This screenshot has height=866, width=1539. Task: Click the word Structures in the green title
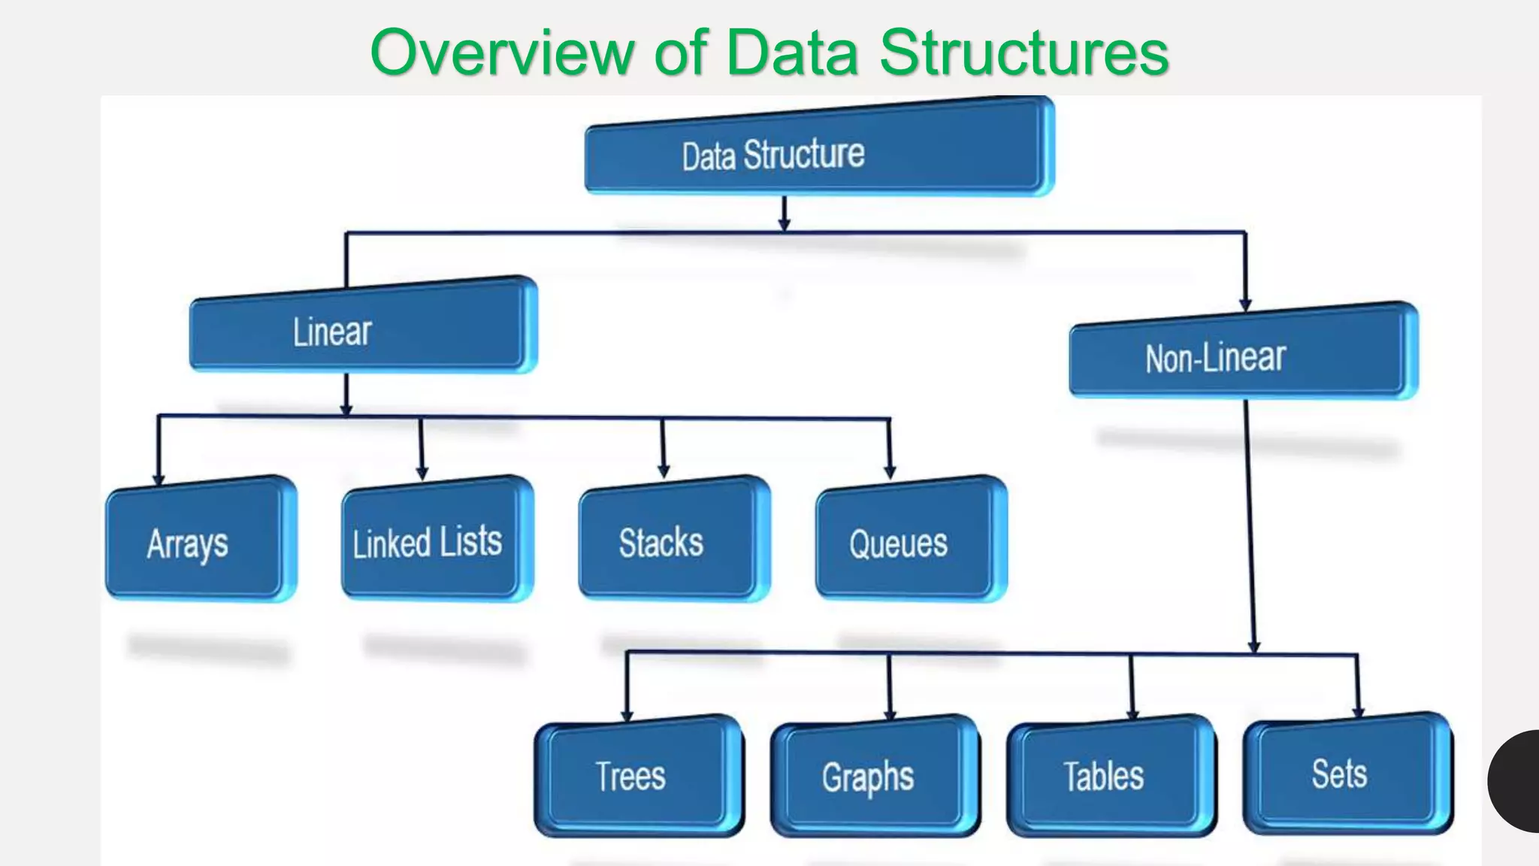coord(1023,53)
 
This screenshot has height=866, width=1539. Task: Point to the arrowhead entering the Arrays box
coord(159,480)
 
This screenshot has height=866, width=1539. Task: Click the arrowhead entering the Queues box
coord(890,472)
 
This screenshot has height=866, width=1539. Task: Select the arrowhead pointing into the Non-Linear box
coord(1245,304)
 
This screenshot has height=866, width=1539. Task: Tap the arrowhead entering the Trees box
coord(627,716)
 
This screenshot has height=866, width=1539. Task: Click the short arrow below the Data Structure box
coord(784,215)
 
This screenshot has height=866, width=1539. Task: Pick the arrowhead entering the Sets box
coord(1358,711)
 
